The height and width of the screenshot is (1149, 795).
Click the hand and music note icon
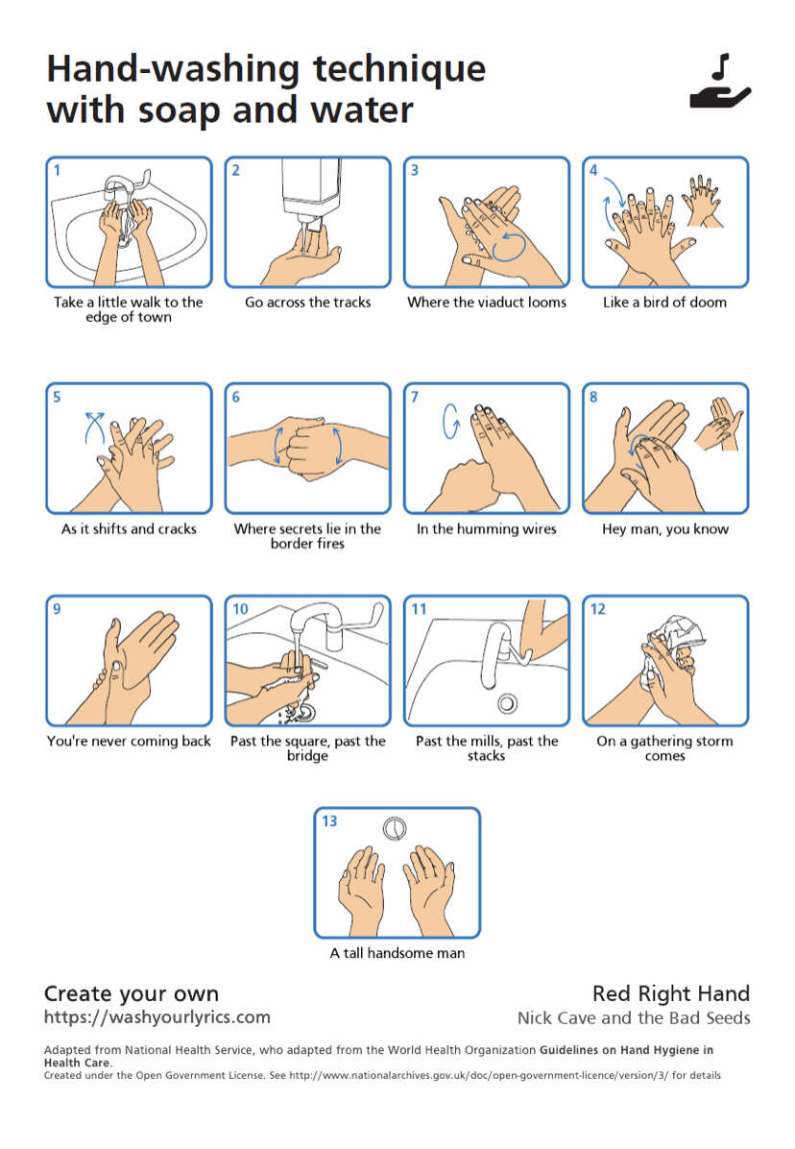pos(720,82)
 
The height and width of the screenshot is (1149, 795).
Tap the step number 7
pos(415,397)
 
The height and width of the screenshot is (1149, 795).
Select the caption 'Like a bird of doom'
pos(664,302)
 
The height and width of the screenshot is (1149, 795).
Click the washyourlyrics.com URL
pos(157,1017)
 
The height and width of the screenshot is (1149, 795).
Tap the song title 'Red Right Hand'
pos(671,993)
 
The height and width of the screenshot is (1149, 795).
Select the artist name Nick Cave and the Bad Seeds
pos(634,1017)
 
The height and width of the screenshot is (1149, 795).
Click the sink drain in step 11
pos(507,704)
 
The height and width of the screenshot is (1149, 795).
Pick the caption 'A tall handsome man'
pos(397,953)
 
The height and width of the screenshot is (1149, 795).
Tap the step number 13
pos(329,821)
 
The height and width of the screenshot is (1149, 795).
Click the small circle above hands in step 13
pos(395,828)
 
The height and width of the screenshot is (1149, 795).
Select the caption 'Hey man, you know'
pos(665,529)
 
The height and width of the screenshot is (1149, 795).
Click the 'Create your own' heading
pos(132,993)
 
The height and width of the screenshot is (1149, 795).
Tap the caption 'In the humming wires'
pos(487,529)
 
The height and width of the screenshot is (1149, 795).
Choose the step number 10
pos(240,609)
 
